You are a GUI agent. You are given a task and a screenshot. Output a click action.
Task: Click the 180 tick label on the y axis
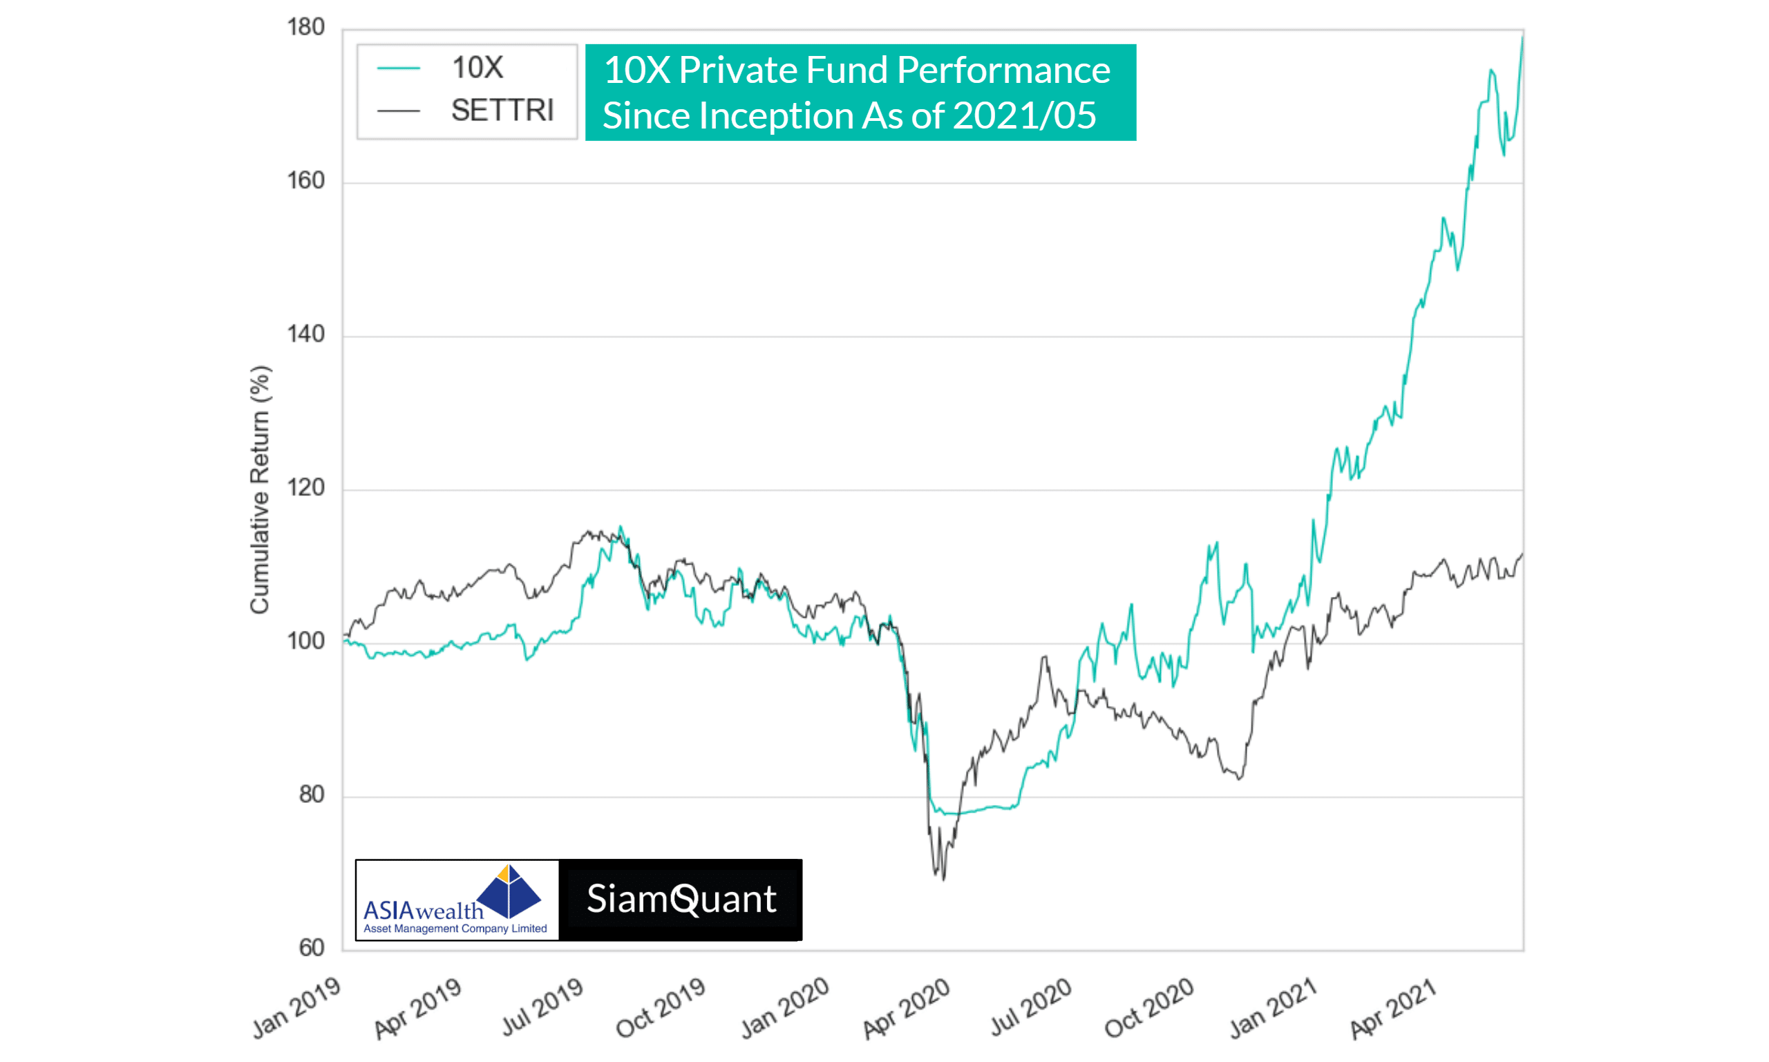(x=305, y=28)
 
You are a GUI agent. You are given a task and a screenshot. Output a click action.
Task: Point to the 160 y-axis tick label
(x=305, y=181)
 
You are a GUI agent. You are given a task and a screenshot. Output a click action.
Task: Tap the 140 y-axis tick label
(x=305, y=334)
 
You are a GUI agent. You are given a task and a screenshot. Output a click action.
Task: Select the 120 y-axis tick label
(x=305, y=488)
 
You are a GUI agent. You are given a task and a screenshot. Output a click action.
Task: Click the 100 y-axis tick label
(x=305, y=641)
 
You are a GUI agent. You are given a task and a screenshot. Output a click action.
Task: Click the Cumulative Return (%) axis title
(x=260, y=490)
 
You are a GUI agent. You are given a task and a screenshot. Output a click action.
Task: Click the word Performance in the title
(x=1003, y=70)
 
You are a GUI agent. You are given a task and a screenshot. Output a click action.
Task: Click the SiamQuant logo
(x=681, y=900)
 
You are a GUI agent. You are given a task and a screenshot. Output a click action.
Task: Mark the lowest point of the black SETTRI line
(x=944, y=880)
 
